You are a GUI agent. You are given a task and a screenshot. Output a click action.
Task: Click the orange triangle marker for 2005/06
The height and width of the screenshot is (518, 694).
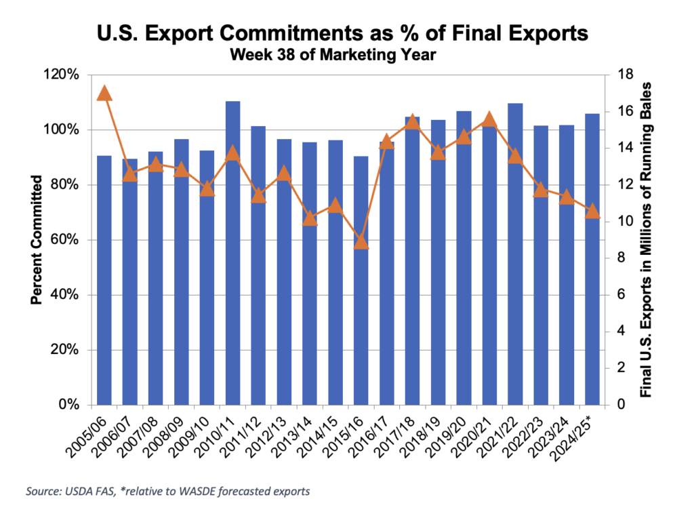click(104, 93)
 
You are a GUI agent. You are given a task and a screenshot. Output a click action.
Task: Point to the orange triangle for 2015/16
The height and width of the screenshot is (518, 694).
click(361, 242)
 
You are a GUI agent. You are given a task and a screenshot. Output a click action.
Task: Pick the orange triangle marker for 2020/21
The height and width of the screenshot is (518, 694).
click(489, 121)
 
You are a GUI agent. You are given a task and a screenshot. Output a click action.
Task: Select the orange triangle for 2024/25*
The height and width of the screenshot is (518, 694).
click(592, 212)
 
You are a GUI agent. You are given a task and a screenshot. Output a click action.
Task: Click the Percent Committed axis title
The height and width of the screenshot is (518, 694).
click(37, 240)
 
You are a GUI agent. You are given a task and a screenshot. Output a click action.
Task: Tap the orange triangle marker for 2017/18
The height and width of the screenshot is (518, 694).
click(412, 122)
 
